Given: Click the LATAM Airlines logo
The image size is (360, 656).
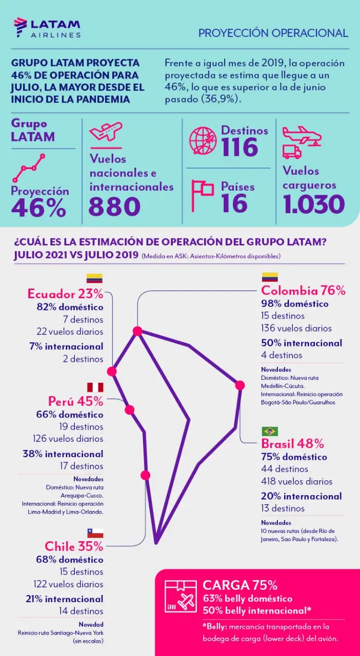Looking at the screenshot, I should pos(47,28).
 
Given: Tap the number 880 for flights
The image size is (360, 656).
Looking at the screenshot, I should pos(114,207).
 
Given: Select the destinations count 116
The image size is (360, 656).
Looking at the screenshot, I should pos(239,148).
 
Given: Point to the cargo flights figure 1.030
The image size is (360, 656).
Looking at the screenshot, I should pos(313,204).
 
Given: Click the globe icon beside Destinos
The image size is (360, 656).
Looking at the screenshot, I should pos(203,140).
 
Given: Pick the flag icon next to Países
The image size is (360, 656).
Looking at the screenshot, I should pos(202,195).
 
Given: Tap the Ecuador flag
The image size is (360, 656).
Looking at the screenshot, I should pos(94,278).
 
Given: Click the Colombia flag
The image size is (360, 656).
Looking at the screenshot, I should pos(270,277).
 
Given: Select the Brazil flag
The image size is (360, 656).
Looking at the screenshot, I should pos(270,431).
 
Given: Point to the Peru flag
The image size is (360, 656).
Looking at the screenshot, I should pos(94,387).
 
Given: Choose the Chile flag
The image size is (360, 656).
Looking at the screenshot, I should pos(94,533).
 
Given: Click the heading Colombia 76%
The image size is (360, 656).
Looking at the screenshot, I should pos(303,291).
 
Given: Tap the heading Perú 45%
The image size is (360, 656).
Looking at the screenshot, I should pos(75,401).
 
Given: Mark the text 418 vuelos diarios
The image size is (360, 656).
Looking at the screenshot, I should pos(297,481).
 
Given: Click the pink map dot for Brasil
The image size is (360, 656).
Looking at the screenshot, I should pos(239,385).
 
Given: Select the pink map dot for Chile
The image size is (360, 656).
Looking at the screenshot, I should pos(145,475).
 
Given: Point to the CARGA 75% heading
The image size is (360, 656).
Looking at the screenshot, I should pos(240,585).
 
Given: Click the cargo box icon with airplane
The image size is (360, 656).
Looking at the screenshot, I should pos(180,596).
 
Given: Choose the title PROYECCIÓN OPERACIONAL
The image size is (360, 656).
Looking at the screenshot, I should pos(273,33).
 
